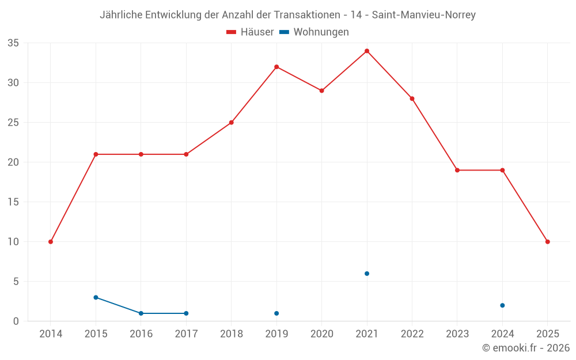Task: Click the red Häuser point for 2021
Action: pyautogui.click(x=367, y=51)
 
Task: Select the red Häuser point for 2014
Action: pyautogui.click(x=51, y=242)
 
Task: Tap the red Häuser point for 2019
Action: pyautogui.click(x=276, y=67)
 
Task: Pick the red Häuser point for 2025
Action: pyautogui.click(x=547, y=242)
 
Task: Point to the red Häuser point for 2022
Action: pyautogui.click(x=412, y=98)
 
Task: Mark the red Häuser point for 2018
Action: pyautogui.click(x=232, y=123)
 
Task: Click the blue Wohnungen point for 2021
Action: pyautogui.click(x=367, y=274)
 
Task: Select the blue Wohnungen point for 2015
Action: pyautogui.click(x=96, y=297)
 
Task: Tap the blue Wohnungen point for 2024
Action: pyautogui.click(x=502, y=305)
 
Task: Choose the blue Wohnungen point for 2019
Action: pyautogui.click(x=276, y=313)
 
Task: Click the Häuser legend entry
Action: pyautogui.click(x=250, y=32)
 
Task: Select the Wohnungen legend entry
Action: pyautogui.click(x=314, y=32)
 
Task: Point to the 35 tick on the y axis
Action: pyautogui.click(x=13, y=43)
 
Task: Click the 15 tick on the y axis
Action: pyautogui.click(x=13, y=202)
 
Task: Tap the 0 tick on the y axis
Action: pyautogui.click(x=16, y=321)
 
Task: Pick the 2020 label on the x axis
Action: pyautogui.click(x=321, y=334)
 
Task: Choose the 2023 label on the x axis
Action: pyautogui.click(x=457, y=334)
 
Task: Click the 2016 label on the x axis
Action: pyautogui.click(x=141, y=334)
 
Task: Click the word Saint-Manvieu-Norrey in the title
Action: pyautogui.click(x=424, y=15)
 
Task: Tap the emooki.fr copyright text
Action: pyautogui.click(x=526, y=348)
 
